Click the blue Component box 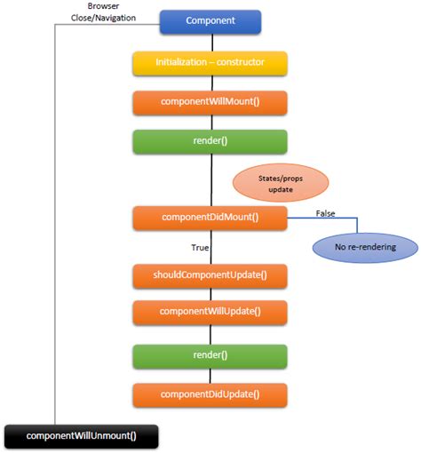[x=210, y=20]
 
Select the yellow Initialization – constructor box [x=210, y=63]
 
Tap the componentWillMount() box [x=210, y=102]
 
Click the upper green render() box [x=210, y=141]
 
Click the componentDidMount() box [x=210, y=218]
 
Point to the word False [x=327, y=211]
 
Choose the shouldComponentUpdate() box [x=210, y=275]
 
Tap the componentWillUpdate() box [x=210, y=312]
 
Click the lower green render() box [x=210, y=355]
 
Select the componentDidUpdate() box [x=210, y=393]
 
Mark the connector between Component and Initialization [x=210, y=43]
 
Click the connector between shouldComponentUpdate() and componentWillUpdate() [x=210, y=294]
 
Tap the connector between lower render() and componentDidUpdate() [x=210, y=375]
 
